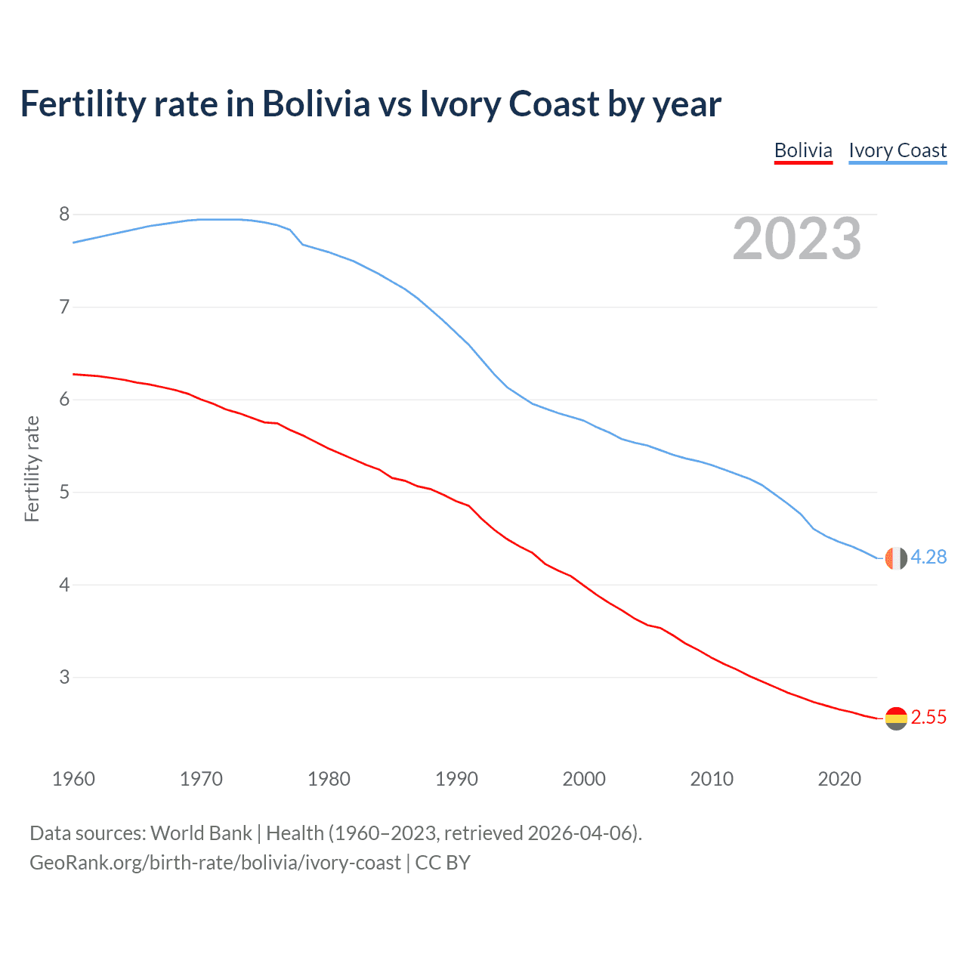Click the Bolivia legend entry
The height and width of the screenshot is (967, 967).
[803, 150]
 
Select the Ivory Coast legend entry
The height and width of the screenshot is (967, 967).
[897, 150]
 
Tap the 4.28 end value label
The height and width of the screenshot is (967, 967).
[928, 558]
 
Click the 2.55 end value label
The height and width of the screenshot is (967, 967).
[928, 718]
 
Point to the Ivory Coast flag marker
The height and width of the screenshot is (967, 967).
[895, 558]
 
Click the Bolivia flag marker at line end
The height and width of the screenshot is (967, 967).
[895, 718]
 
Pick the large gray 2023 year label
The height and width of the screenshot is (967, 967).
[797, 239]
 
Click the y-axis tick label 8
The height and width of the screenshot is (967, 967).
[64, 215]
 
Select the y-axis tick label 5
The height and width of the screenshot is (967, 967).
[64, 493]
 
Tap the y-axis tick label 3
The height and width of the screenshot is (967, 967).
[64, 678]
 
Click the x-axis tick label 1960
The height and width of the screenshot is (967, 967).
[73, 779]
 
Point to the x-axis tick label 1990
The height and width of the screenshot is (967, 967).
[456, 779]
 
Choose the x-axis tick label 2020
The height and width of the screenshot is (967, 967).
[839, 779]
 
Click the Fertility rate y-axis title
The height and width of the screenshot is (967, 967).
[32, 468]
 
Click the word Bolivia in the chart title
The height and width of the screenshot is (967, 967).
[316, 103]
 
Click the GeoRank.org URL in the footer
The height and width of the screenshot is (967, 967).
[215, 863]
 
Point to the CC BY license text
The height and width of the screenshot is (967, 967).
[443, 863]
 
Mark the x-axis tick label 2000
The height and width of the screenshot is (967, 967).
[584, 779]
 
